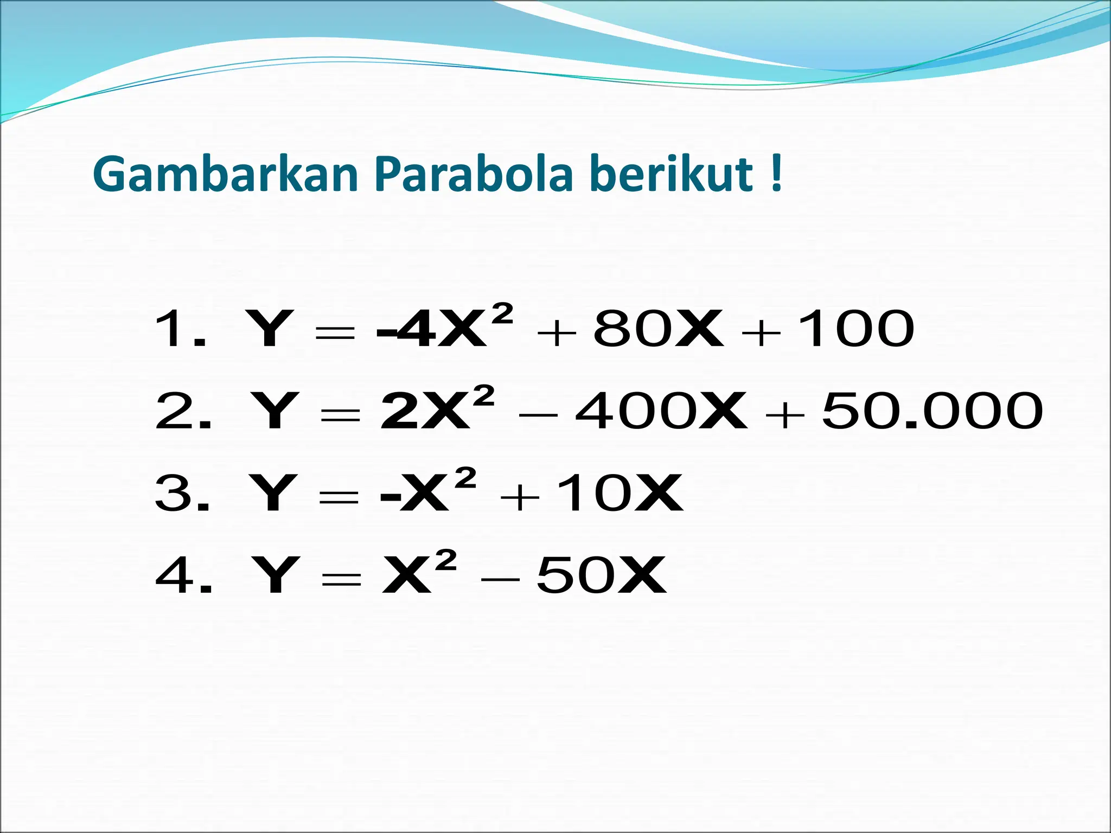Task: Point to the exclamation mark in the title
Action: [776, 174]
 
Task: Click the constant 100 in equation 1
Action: [856, 329]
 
